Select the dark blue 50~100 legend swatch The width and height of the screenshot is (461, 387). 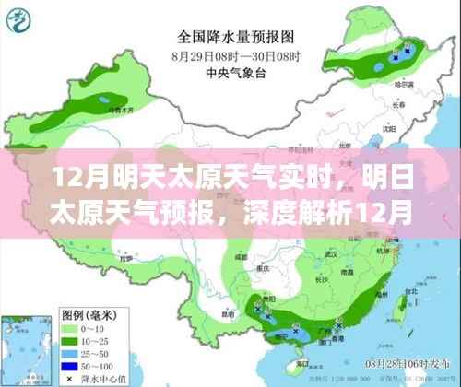69,363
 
